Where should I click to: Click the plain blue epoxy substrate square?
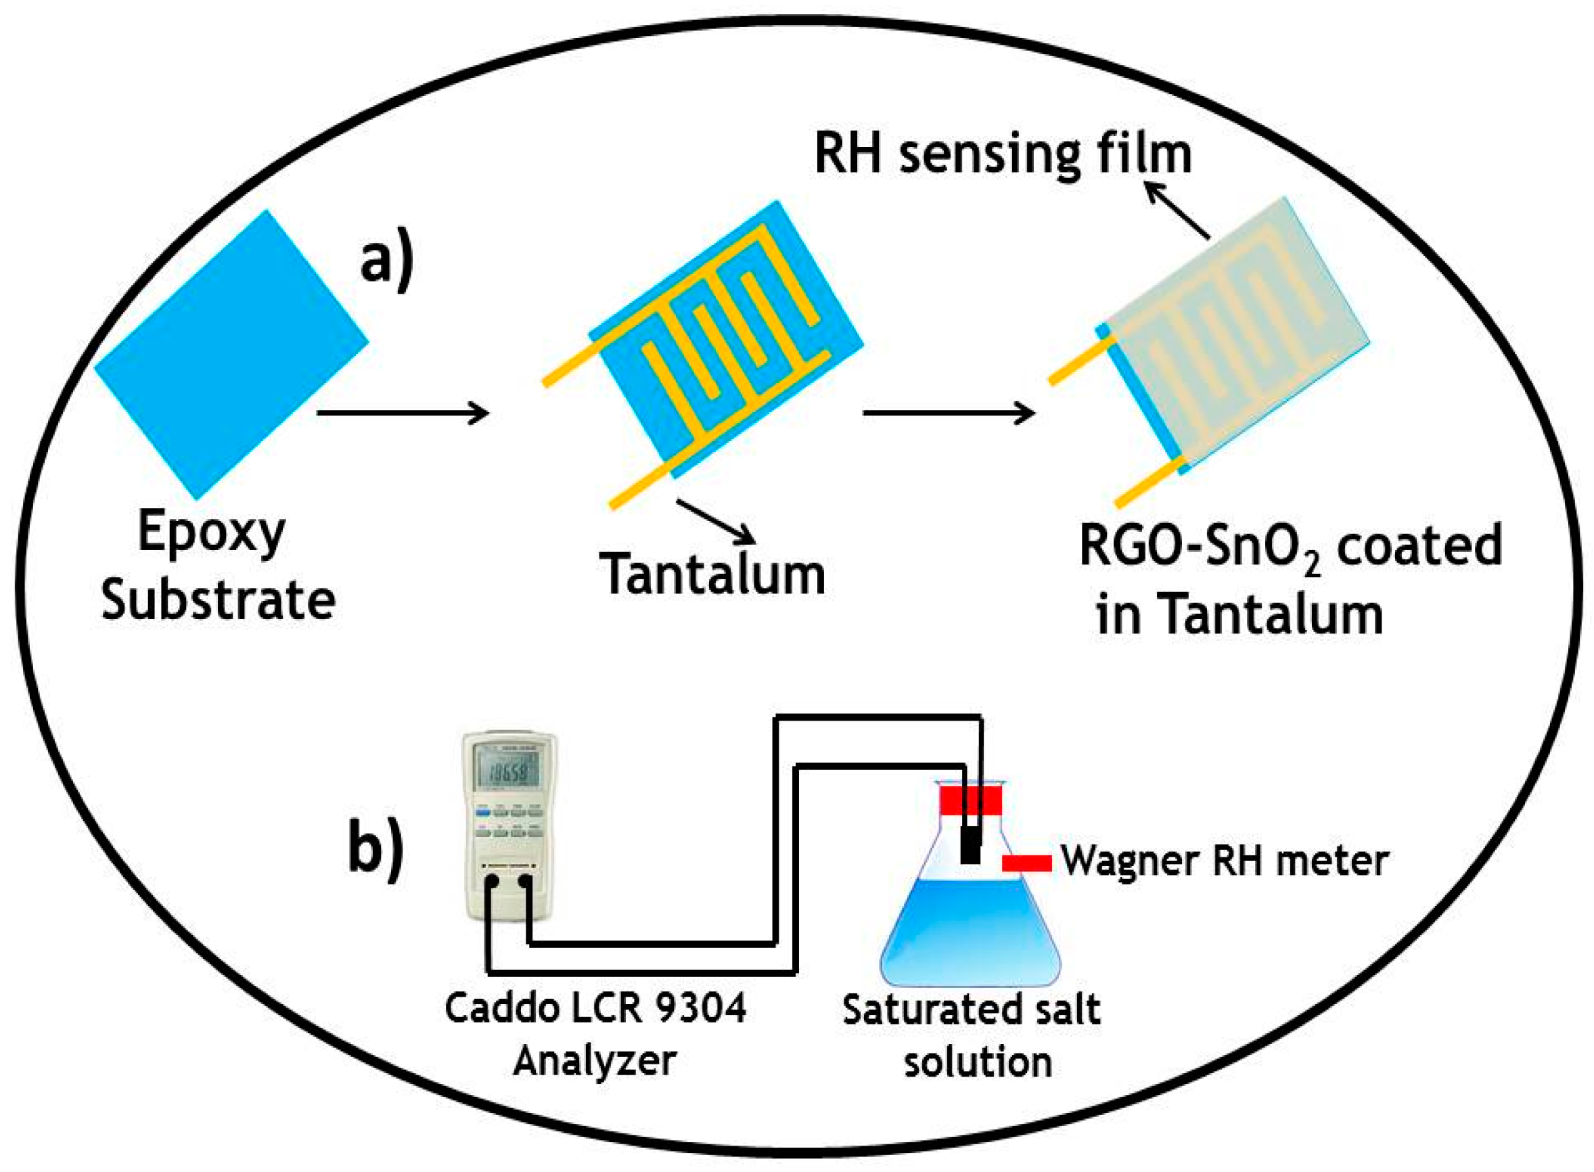coord(231,354)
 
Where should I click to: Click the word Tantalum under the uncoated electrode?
coord(712,573)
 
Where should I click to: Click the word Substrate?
coord(218,600)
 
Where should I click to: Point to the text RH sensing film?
coord(1003,154)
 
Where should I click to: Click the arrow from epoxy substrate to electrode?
coord(403,412)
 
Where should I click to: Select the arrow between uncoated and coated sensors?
coord(949,412)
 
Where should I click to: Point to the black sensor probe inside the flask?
coord(970,847)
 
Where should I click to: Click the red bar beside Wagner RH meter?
coord(1026,863)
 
